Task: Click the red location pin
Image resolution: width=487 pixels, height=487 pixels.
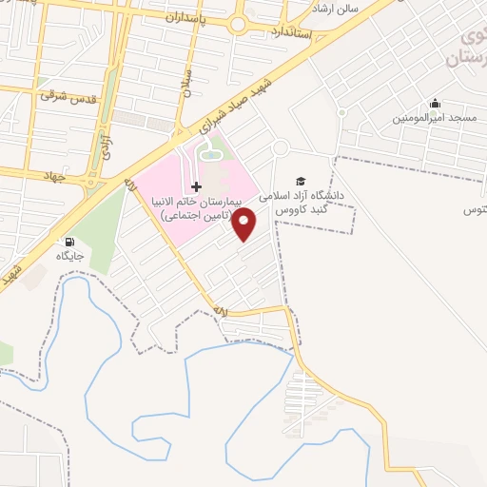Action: pos(244,223)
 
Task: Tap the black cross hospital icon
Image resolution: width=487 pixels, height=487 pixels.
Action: pos(196,185)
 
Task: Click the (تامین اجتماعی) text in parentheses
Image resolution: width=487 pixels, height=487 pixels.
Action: pos(196,217)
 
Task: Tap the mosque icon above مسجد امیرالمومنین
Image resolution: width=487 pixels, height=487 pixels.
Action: pos(435,104)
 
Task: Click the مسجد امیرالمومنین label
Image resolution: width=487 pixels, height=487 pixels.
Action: pos(435,120)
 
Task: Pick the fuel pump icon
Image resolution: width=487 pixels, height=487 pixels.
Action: pos(69,242)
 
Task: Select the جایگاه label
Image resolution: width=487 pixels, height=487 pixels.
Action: pos(69,257)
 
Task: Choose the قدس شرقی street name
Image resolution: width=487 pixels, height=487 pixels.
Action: pos(63,95)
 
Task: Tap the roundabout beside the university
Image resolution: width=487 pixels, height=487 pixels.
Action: pos(281,147)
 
